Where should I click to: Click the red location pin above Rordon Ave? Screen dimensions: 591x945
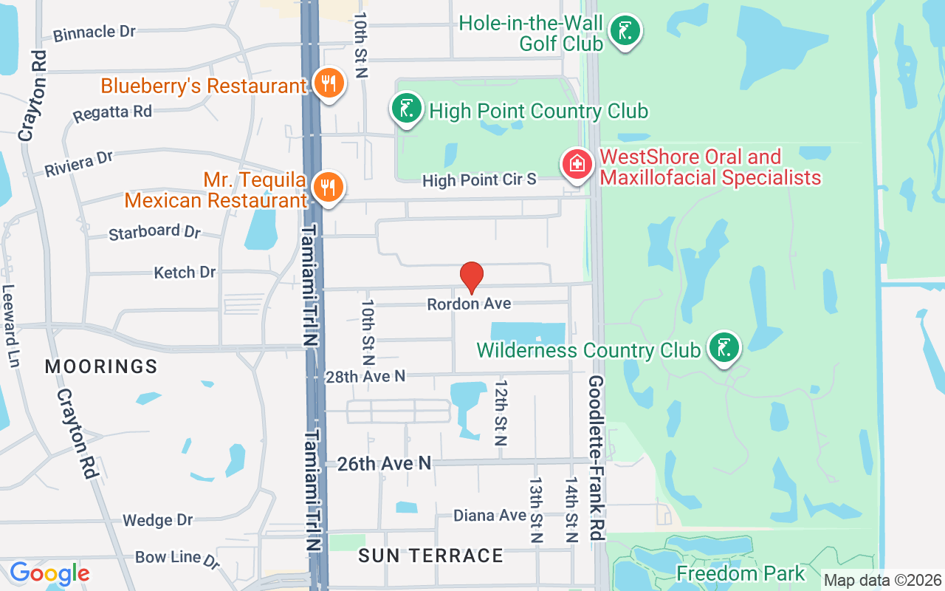472,277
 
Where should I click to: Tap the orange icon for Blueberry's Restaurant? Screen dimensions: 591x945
326,83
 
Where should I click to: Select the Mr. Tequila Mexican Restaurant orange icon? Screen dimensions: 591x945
326,187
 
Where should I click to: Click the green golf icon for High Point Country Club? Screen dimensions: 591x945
406,109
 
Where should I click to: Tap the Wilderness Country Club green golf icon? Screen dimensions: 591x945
724,347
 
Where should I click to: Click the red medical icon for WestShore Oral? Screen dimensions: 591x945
577,165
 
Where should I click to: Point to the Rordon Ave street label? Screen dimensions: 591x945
469,304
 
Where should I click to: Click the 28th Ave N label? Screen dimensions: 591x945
365,376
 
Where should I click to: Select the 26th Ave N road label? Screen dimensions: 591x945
384,463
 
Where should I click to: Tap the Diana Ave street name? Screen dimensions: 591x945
489,515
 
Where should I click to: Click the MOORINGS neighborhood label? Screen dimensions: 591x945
101,366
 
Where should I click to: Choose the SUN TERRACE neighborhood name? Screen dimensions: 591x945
430,556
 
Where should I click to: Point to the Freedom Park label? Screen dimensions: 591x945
740,573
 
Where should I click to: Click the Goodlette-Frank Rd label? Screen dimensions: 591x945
597,458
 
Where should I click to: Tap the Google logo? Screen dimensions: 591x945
49,573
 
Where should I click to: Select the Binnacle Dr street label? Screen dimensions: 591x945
94,33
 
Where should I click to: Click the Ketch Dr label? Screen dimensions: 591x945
185,273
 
